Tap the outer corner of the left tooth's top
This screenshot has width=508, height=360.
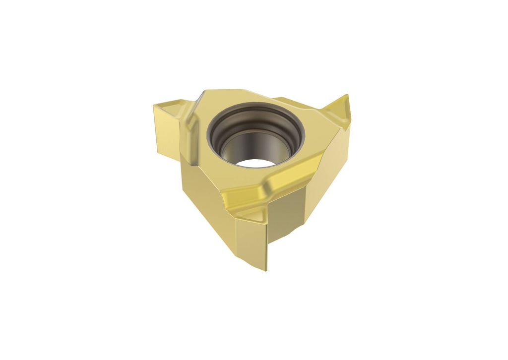tap(155, 105)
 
